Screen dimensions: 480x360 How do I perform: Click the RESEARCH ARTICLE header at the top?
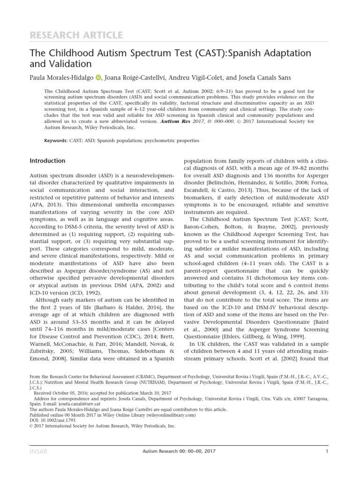(x=76, y=35)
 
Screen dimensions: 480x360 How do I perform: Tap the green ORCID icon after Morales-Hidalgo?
(x=98, y=77)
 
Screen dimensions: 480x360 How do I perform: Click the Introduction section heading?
(x=47, y=161)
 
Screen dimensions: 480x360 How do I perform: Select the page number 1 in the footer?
(x=326, y=451)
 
